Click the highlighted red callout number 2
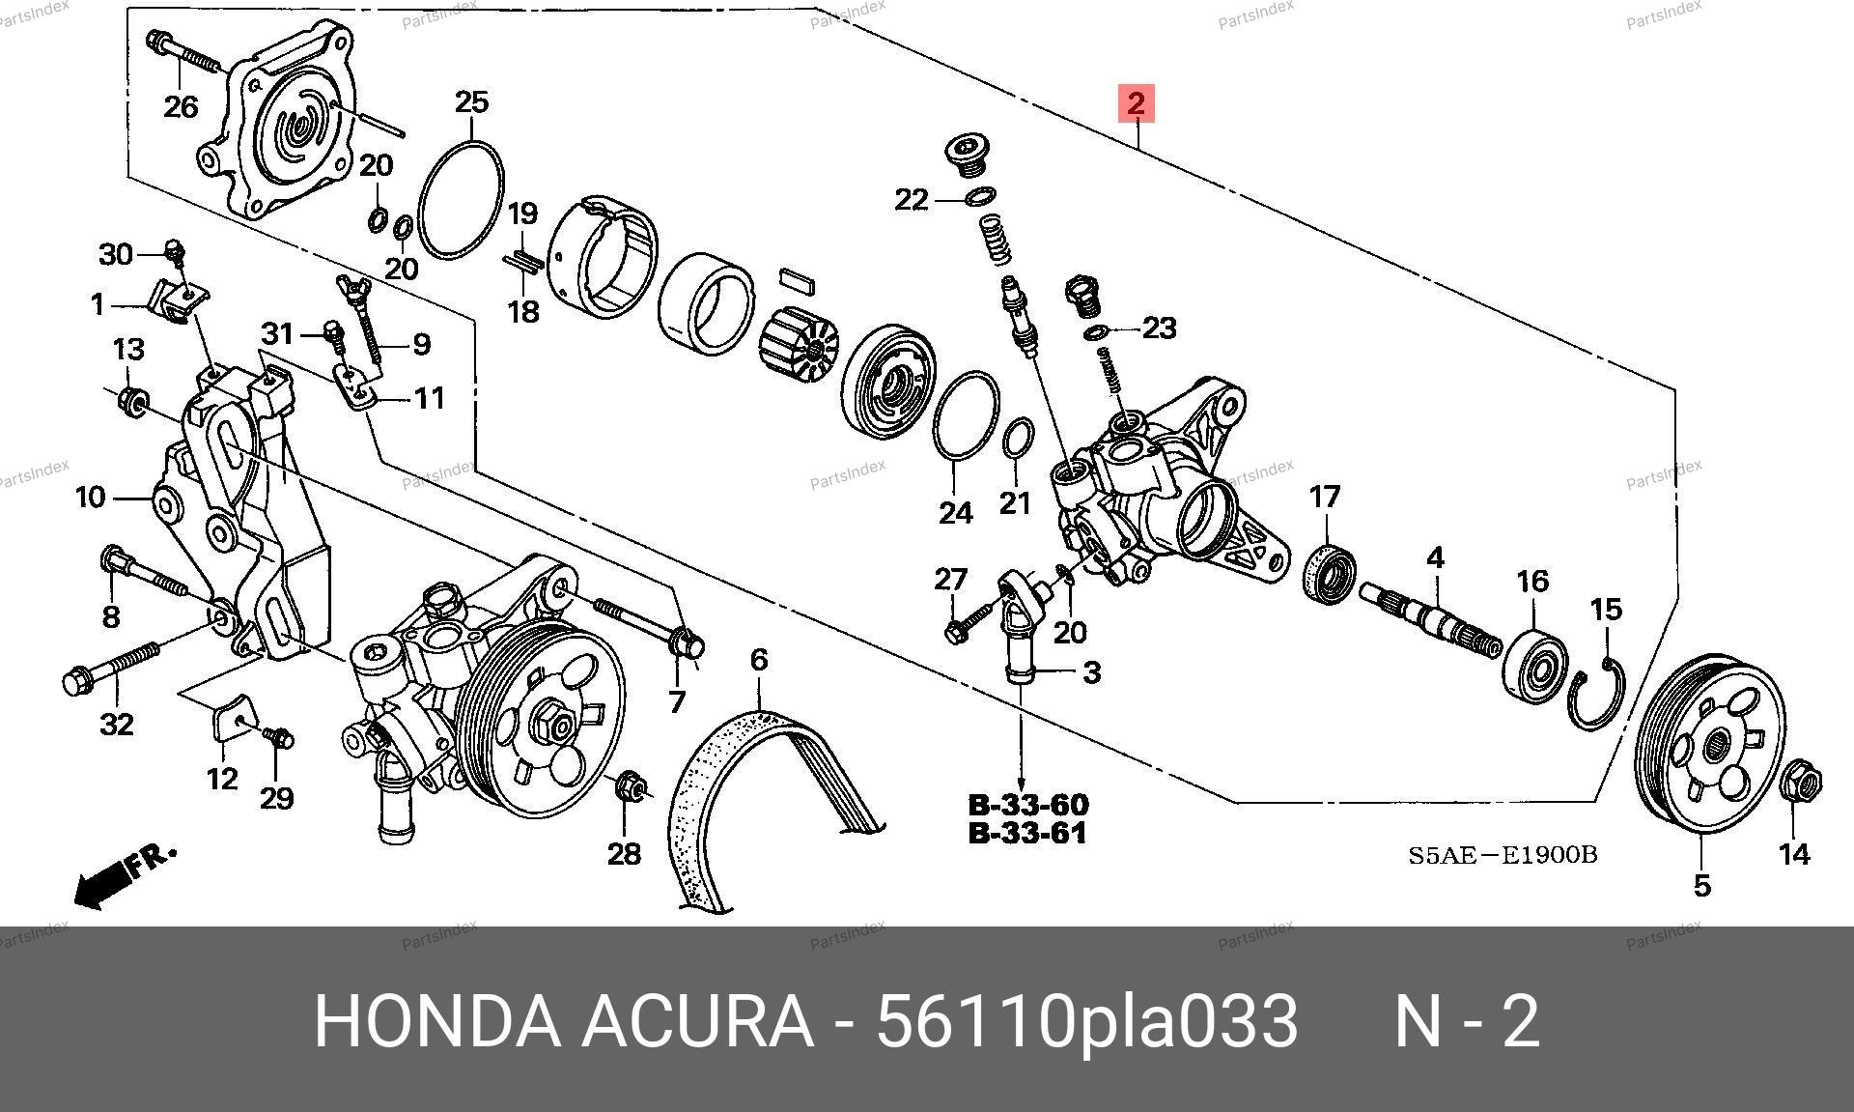[x=1136, y=102]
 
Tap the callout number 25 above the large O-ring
[x=472, y=102]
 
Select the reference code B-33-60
[x=1028, y=805]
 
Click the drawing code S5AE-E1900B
[x=1503, y=855]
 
